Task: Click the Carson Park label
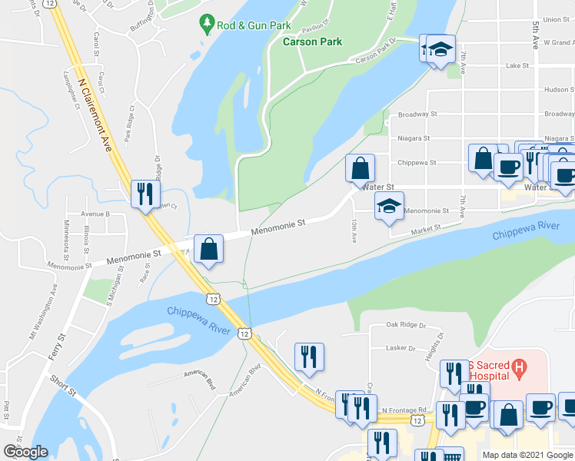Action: [312, 41]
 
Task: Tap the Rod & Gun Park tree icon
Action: [206, 25]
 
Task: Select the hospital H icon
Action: [520, 369]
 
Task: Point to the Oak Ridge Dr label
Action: [406, 325]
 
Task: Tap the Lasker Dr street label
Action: [401, 347]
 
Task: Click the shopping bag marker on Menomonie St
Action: [208, 249]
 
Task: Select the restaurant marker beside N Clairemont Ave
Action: [144, 194]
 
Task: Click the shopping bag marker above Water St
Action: [360, 167]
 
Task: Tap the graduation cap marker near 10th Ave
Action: [389, 206]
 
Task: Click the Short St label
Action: [63, 385]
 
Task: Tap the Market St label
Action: [425, 228]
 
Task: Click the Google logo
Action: [25, 452]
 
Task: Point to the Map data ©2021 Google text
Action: [527, 455]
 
